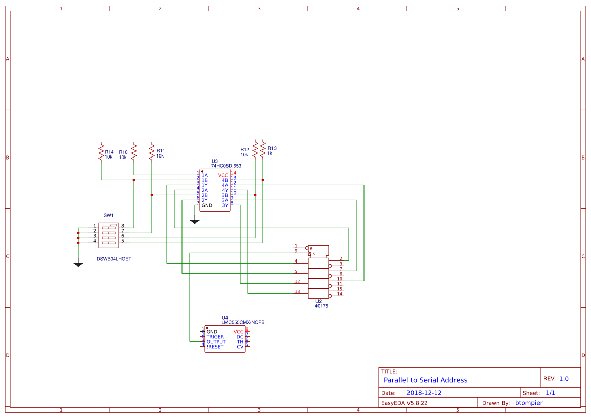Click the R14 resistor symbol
pos(101,151)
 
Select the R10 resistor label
pos(123,152)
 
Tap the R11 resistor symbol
pos(152,151)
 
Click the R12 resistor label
pos(244,150)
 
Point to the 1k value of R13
pos(270,153)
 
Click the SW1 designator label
pos(108,215)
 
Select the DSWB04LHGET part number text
pos(114,259)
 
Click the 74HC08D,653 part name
pos(226,166)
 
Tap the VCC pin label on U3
pos(223,175)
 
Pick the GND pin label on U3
pos(207,205)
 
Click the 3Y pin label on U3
pos(225,205)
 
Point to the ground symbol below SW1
pos(78,264)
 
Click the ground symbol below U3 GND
pos(195,221)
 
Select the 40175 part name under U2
pos(321,306)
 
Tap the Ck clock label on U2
pos(312,253)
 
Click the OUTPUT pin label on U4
pos(216,342)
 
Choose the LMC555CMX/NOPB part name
pos(243,322)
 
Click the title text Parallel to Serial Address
pos(425,380)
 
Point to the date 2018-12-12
pos(424,393)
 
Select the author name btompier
pos(529,403)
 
